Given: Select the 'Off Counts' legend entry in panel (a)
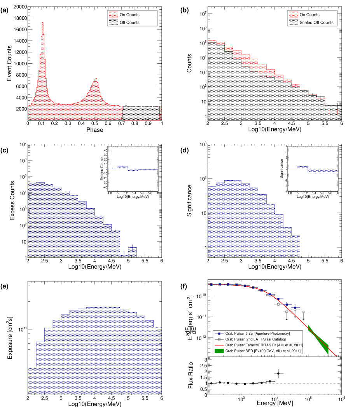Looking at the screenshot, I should point(130,23).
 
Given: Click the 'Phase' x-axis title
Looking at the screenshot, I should point(95,129).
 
